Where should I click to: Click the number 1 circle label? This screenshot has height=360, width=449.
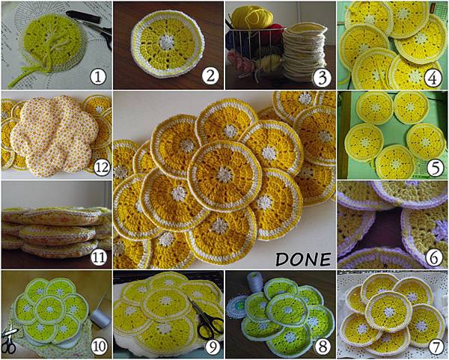coord(94,74)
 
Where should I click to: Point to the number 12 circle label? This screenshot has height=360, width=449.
coord(94,165)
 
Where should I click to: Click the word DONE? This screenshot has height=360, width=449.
coord(303,260)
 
